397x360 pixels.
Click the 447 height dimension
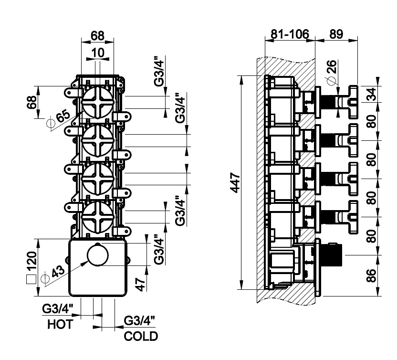tap(233, 182)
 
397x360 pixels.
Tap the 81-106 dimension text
tap(290, 34)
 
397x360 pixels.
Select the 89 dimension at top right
tap(337, 34)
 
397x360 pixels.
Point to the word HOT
tap(60, 325)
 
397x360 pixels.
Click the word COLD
tap(140, 337)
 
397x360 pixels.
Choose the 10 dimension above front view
tap(97, 53)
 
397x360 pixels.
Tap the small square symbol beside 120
tap(31, 280)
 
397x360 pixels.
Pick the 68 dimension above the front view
tap(97, 35)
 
